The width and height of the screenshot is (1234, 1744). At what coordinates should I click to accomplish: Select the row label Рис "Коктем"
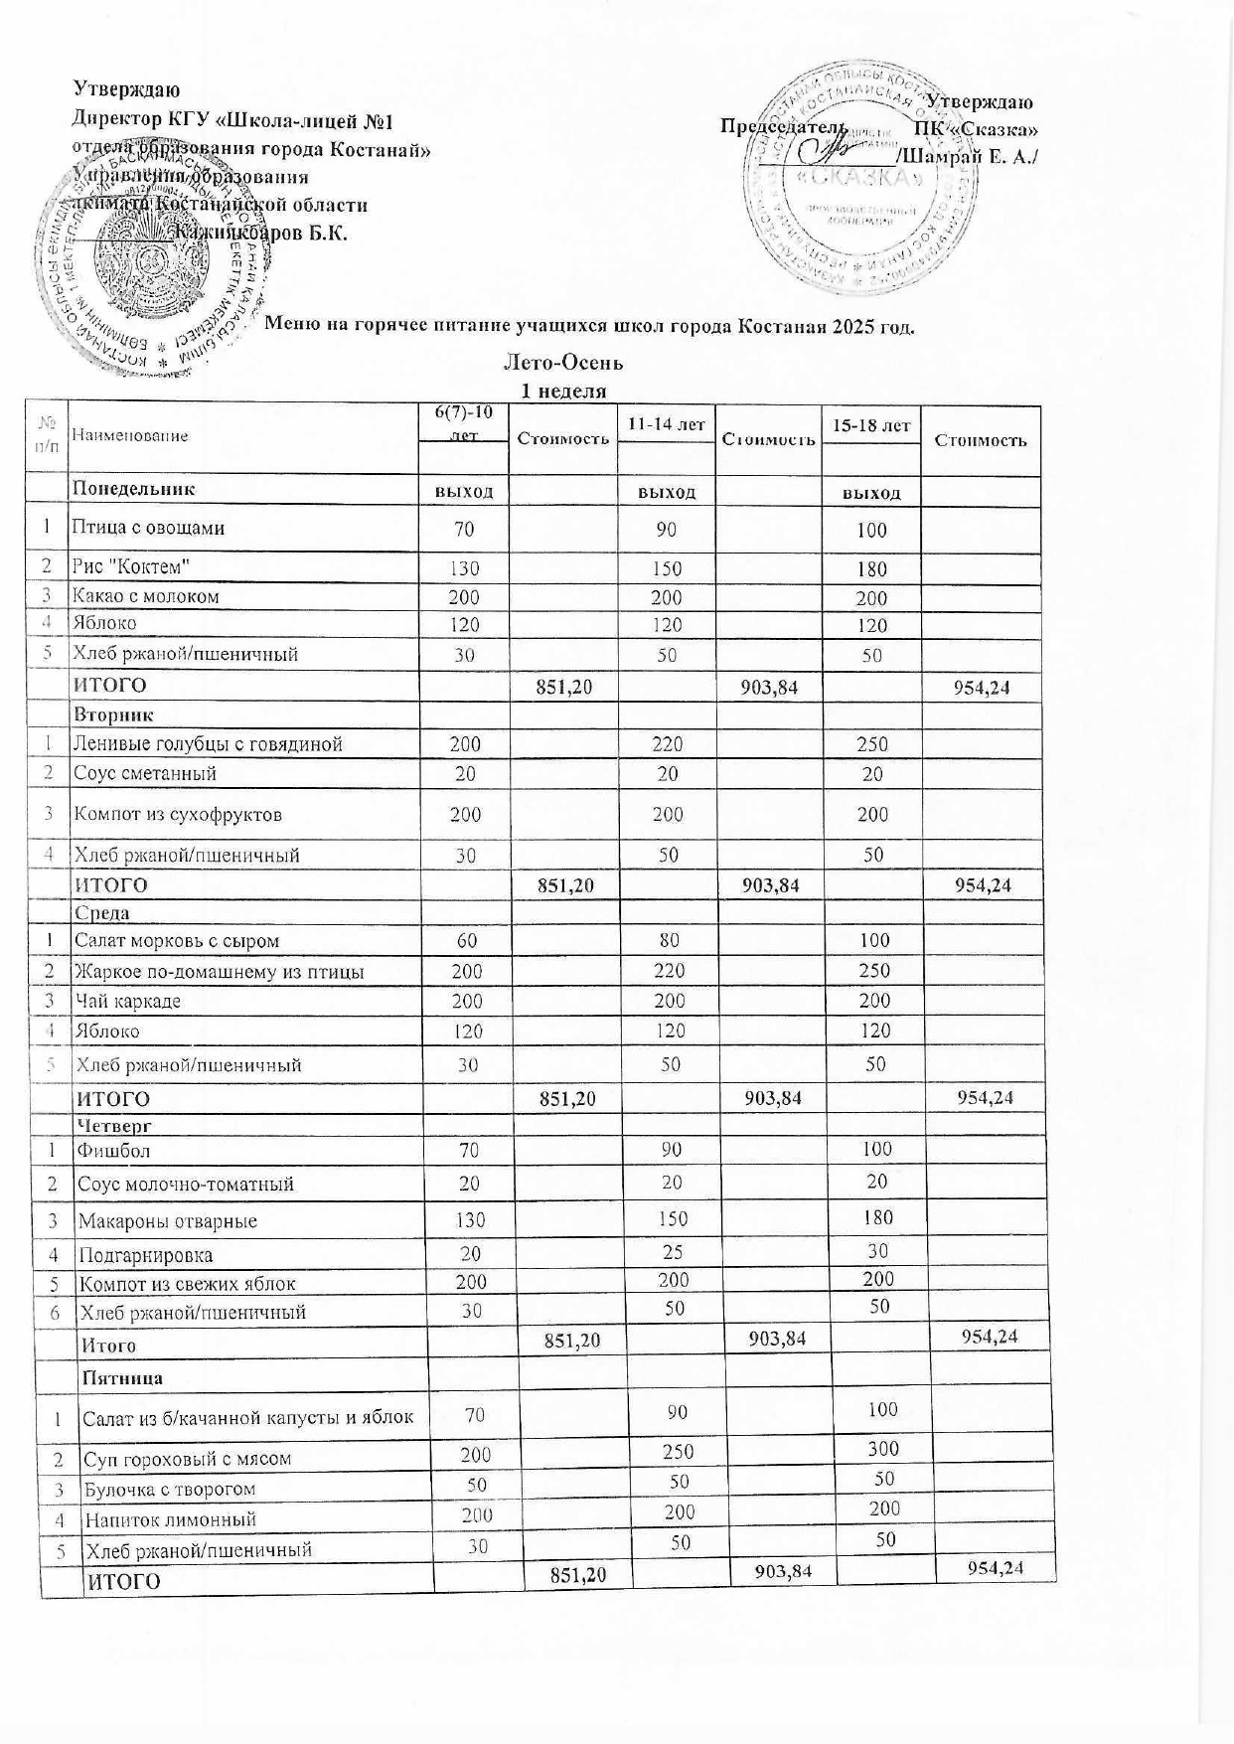coord(130,566)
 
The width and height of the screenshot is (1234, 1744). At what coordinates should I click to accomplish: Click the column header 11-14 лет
coord(666,424)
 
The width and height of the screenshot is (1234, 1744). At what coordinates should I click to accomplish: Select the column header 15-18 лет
coord(871,425)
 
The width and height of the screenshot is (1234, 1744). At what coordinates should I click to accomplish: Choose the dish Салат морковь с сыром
coord(177,940)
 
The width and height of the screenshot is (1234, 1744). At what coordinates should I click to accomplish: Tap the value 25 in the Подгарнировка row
coord(673,1252)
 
